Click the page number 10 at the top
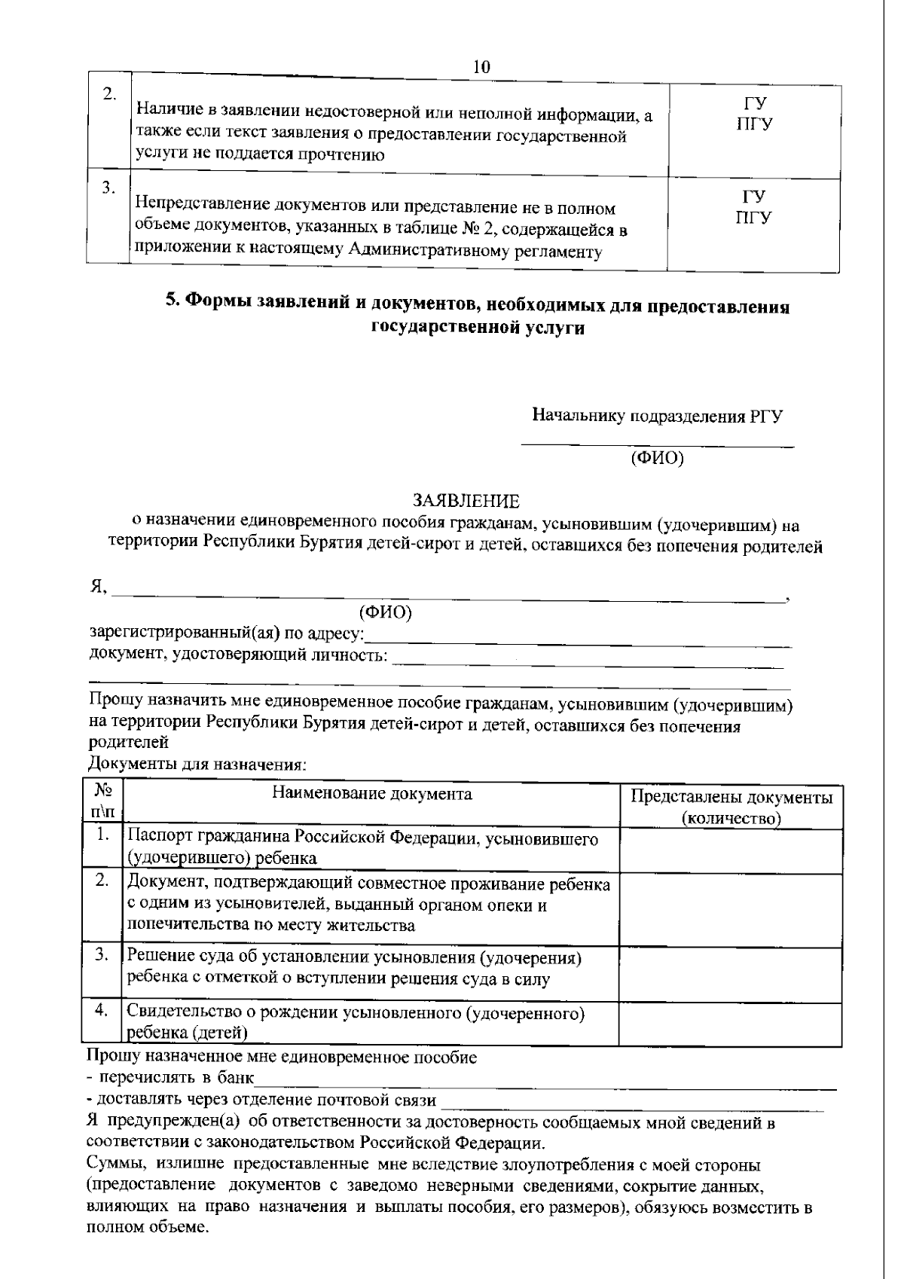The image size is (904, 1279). pos(481,66)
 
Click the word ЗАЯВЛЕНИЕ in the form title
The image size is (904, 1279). pos(466,501)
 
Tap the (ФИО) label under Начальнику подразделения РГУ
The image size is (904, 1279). pos(657,458)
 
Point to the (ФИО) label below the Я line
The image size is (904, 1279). pos(386,613)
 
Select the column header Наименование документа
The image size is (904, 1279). pos(371,794)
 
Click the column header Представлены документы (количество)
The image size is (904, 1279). pos(731,807)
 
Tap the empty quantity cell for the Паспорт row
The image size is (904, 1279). pos(730,850)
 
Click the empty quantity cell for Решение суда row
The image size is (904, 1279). pos(730,974)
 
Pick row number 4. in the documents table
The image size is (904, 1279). pos(102,1011)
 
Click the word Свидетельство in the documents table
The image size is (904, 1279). pos(177,1012)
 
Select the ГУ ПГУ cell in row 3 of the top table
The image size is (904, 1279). pos(754,208)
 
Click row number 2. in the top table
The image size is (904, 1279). pos(109,94)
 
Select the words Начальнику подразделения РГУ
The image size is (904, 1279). pos(657,416)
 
